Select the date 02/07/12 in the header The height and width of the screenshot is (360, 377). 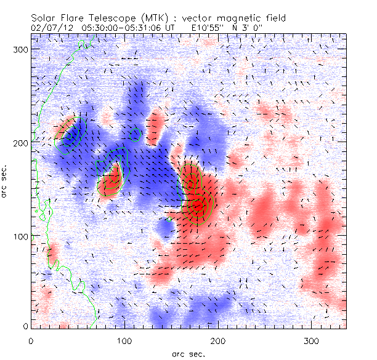(49, 28)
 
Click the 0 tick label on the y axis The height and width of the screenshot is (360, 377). (25, 326)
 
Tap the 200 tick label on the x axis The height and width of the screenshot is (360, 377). (218, 340)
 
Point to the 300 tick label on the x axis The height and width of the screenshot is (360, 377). (312, 340)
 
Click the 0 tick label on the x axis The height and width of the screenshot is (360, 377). (31, 340)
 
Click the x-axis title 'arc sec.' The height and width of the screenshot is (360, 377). (188, 353)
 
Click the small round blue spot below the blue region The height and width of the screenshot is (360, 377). (164, 228)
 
